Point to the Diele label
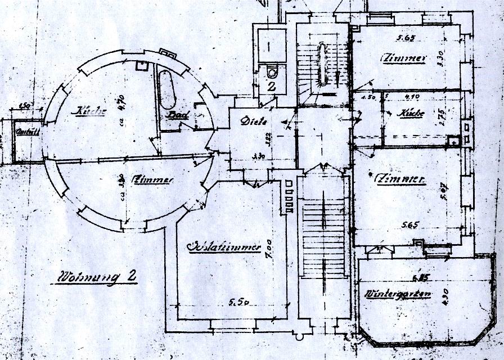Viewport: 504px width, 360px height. tap(254, 121)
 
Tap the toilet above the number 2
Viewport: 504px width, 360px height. tap(272, 71)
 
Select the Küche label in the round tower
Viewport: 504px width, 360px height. tap(90, 111)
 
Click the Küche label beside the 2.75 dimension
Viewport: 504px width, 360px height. tap(411, 113)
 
